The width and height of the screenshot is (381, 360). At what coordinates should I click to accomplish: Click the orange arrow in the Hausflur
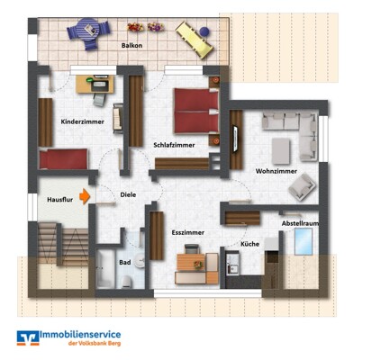coord(85,196)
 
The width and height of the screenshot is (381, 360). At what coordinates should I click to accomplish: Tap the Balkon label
coord(132,46)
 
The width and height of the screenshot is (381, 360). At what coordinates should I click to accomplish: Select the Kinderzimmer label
coord(83,121)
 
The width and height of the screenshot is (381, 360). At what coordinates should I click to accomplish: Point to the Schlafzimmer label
coord(174,145)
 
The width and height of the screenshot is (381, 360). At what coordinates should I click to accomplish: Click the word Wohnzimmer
coord(277,171)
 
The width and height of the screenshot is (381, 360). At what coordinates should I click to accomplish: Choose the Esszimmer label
coord(188,232)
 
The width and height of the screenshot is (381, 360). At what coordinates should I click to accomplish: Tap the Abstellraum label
coord(300,223)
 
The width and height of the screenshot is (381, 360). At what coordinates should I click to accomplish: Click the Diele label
coord(128,194)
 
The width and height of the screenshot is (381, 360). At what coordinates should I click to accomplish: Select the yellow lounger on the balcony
coord(195,40)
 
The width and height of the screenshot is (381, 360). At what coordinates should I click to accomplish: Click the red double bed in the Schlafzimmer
coord(196,111)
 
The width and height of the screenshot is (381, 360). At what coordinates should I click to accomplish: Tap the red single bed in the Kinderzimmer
coord(64,159)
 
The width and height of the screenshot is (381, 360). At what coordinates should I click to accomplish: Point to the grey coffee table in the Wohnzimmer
coord(281,151)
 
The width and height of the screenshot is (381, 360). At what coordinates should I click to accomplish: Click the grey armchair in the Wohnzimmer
coord(302,187)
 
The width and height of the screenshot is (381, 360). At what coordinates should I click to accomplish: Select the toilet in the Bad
coord(127,282)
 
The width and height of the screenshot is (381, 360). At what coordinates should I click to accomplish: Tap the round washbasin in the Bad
coord(140,261)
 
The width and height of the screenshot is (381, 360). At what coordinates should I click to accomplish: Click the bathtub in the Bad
coord(105,269)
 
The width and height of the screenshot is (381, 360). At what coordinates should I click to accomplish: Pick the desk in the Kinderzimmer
coord(95,85)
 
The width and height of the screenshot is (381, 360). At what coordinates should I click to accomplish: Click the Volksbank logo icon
coord(28,338)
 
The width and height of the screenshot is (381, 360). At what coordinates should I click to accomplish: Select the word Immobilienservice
coord(80,335)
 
